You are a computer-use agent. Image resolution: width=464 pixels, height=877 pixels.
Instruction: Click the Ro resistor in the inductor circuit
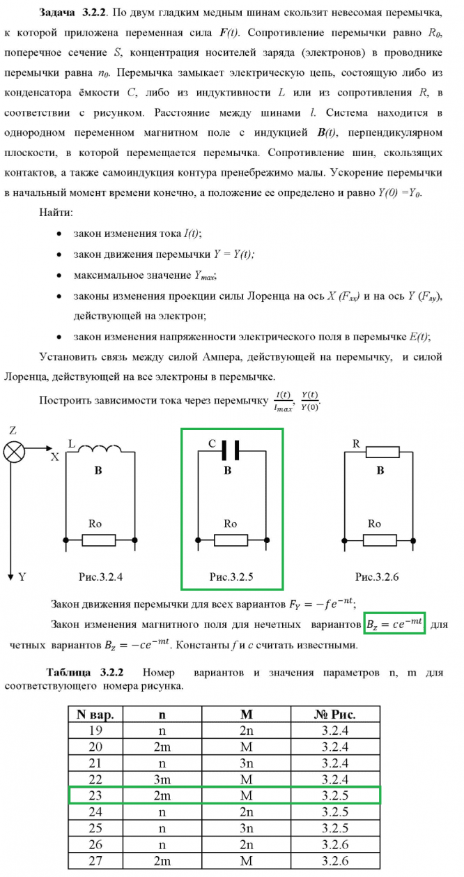pyautogui.click(x=100, y=540)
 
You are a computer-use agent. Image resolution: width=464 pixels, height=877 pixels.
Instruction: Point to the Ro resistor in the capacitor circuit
pyautogui.click(x=231, y=540)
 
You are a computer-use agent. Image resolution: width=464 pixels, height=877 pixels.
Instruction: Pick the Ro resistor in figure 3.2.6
pyautogui.click(x=380, y=540)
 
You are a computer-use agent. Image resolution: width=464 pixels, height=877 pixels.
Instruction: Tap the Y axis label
pyautogui.click(x=22, y=577)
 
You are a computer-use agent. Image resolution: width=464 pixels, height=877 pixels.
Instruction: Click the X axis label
pyautogui.click(x=54, y=457)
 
